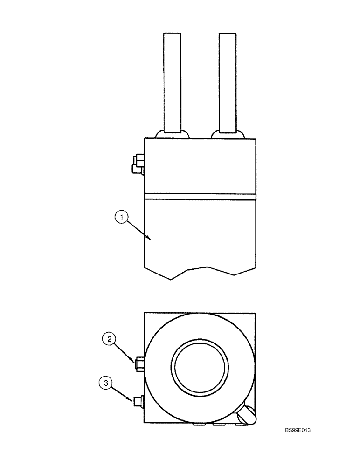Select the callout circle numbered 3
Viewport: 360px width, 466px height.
106,384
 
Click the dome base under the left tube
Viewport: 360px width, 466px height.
172,134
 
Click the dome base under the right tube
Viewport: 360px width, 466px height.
227,134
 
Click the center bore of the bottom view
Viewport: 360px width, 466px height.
201,365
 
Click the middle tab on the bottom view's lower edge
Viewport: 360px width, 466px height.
218,425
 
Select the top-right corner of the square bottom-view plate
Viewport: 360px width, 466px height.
255,313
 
